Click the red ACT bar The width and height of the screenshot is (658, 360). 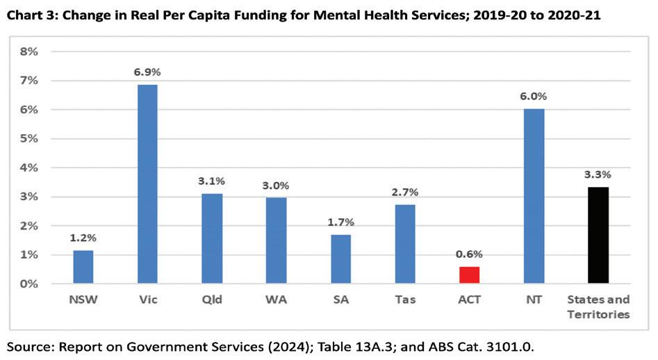[x=469, y=275]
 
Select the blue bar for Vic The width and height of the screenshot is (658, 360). [x=148, y=184]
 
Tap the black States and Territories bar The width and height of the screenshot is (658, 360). [x=598, y=236]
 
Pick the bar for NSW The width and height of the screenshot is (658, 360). [x=83, y=267]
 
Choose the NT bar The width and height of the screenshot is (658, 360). [x=534, y=197]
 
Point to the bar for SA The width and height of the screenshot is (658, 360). [x=340, y=259]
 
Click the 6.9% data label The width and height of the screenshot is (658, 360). [x=147, y=72]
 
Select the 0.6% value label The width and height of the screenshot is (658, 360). [x=469, y=254]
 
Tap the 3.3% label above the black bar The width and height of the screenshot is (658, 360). [x=598, y=174]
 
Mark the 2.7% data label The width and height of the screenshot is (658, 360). [x=405, y=193]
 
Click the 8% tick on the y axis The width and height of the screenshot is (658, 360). [x=29, y=51]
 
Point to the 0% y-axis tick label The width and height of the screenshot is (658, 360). [x=29, y=284]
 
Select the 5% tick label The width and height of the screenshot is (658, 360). [x=29, y=138]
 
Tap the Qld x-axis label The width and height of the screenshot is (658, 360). [x=212, y=300]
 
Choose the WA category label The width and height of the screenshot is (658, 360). [x=276, y=300]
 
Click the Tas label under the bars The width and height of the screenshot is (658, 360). [x=405, y=300]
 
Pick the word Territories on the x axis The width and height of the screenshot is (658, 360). [x=598, y=314]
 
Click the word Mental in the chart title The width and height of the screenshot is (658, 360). [x=338, y=15]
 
